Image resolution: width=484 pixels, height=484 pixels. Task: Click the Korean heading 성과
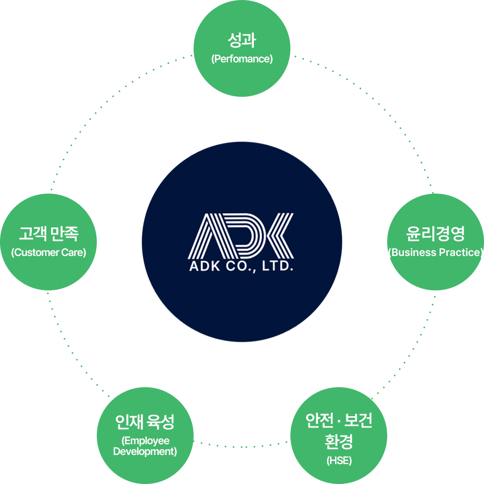click(x=242, y=40)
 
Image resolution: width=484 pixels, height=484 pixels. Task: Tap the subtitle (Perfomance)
click(x=242, y=59)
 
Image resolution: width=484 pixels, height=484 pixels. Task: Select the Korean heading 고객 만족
click(x=48, y=234)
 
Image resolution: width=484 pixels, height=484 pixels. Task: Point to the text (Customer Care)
click(x=48, y=252)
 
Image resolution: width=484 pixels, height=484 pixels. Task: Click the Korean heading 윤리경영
click(x=435, y=234)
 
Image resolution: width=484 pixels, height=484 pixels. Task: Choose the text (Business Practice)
click(x=435, y=252)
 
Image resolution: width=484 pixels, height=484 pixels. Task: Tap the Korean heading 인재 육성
click(x=145, y=422)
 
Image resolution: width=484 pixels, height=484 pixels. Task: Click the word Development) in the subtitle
click(x=145, y=452)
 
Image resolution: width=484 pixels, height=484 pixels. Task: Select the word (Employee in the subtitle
click(x=145, y=441)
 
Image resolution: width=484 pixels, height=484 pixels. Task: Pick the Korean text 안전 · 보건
click(x=339, y=421)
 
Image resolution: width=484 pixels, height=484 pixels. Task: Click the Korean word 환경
click(x=339, y=442)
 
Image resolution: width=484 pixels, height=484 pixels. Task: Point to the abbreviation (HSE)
click(x=339, y=461)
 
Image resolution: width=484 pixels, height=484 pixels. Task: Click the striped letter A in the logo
click(x=207, y=235)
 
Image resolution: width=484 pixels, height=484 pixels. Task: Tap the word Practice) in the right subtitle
click(x=461, y=252)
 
